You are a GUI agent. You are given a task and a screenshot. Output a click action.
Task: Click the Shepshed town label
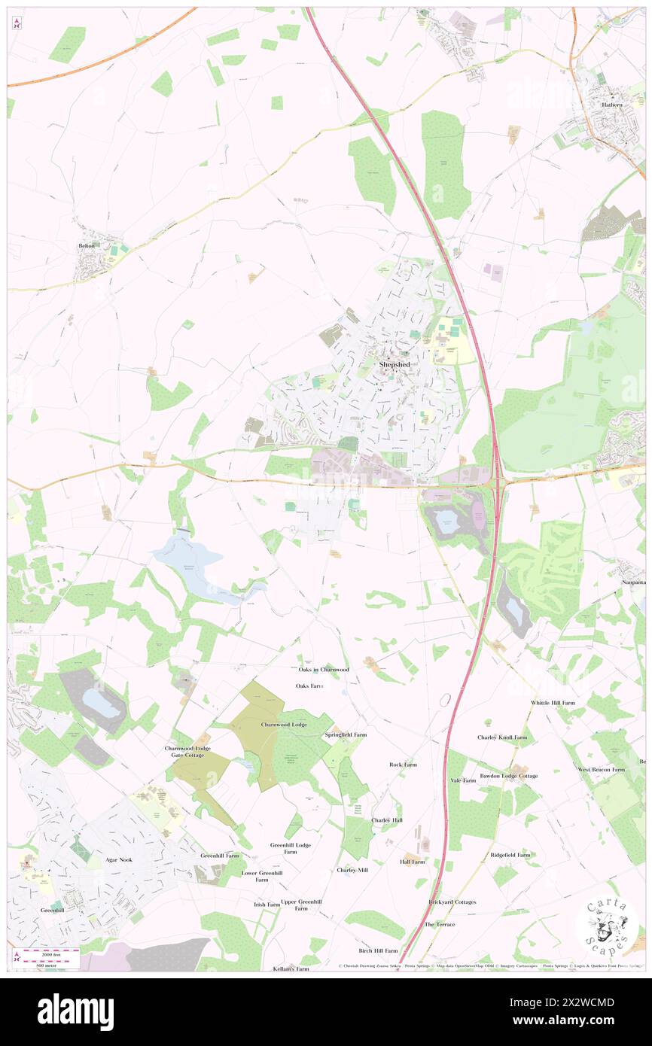tap(395, 364)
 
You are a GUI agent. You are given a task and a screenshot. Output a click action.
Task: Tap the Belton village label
tap(88, 246)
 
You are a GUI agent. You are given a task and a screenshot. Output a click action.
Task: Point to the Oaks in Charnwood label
tap(324, 669)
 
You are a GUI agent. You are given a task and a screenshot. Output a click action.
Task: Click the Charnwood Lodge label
tap(284, 724)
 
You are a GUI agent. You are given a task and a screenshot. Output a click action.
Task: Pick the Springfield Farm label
tap(346, 734)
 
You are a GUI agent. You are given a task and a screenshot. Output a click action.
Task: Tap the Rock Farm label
tap(403, 765)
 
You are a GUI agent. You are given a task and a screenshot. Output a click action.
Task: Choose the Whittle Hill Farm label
tap(553, 703)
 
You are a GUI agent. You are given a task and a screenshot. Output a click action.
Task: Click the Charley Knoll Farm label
tap(502, 737)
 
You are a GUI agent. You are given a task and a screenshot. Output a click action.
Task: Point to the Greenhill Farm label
tap(220, 856)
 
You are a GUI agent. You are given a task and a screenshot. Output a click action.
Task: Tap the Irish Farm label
tap(267, 905)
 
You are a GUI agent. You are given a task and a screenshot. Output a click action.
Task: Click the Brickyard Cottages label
tap(452, 902)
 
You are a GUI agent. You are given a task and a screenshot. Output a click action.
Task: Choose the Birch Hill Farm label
tap(377, 950)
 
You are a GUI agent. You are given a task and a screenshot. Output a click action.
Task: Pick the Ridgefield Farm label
tap(510, 855)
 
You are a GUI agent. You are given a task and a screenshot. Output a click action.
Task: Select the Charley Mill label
tap(352, 870)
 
